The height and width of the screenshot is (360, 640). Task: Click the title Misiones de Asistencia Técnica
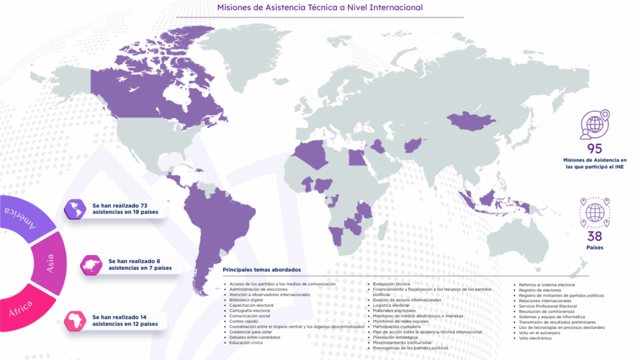tap(319, 7)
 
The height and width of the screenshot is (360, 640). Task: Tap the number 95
tap(594, 149)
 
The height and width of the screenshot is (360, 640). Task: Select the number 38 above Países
tap(594, 236)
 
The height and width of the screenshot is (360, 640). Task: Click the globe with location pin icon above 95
tap(594, 124)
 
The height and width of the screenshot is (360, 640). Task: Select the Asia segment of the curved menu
tap(49, 263)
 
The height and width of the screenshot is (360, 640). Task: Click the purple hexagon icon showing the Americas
tap(74, 208)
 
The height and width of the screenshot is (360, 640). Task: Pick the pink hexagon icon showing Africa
tap(74, 321)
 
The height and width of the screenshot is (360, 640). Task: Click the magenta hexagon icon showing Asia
tap(91, 264)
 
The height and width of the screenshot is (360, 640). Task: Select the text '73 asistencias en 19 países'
tap(125, 208)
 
